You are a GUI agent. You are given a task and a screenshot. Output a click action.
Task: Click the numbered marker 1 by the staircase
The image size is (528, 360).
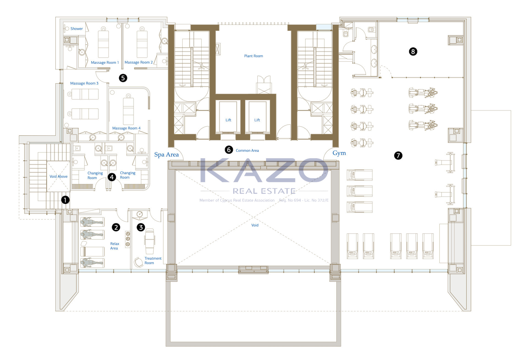coord(65,200)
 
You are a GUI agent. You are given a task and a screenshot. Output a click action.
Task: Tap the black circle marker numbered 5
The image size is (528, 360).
coord(123,78)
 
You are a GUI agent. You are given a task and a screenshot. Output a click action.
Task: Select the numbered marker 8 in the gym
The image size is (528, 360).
coord(413,51)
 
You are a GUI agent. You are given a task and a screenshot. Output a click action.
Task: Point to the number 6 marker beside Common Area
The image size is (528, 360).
coord(229,150)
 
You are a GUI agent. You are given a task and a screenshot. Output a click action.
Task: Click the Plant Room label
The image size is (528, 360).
coord(254,56)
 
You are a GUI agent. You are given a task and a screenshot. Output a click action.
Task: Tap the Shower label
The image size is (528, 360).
coord(76,29)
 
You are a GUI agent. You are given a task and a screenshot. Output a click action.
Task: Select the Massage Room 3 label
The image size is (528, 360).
coord(84,83)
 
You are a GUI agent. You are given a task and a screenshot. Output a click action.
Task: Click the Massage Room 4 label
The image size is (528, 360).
coord(126,128)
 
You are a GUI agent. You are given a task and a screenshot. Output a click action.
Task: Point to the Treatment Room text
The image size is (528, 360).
coord(153,261)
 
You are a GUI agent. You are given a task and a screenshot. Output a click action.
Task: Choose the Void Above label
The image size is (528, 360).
coord(59,176)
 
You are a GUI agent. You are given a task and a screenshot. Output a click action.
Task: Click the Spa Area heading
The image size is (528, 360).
coord(166,155)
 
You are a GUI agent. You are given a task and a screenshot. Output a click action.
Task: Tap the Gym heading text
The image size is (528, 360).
coord(339,153)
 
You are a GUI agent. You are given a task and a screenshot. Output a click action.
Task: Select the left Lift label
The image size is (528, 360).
coord(228,120)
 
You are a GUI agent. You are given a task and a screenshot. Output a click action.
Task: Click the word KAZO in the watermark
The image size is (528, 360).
coord(264,170)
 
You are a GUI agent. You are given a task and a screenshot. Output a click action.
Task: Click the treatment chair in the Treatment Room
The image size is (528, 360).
coord(150,241)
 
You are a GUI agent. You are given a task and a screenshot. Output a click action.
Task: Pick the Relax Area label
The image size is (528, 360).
coord(114,246)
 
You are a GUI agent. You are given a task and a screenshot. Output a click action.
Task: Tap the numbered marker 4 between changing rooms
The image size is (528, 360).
coord(112,177)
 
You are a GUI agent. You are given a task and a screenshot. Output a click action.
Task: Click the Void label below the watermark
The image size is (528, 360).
coord(255,225)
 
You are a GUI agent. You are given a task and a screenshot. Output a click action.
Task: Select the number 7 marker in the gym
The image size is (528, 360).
coord(398,156)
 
